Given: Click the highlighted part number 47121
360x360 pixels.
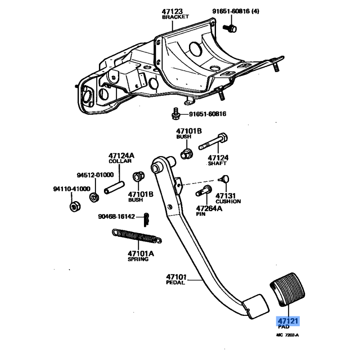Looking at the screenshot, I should [288, 321].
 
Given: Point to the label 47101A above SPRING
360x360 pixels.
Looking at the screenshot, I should [140, 253].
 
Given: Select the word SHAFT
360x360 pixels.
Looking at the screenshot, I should [218, 164].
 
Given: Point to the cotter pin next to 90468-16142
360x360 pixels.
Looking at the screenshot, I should [147, 218].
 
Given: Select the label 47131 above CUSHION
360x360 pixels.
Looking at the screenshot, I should [226, 196].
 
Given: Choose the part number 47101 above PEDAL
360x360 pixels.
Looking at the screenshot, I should [175, 277].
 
